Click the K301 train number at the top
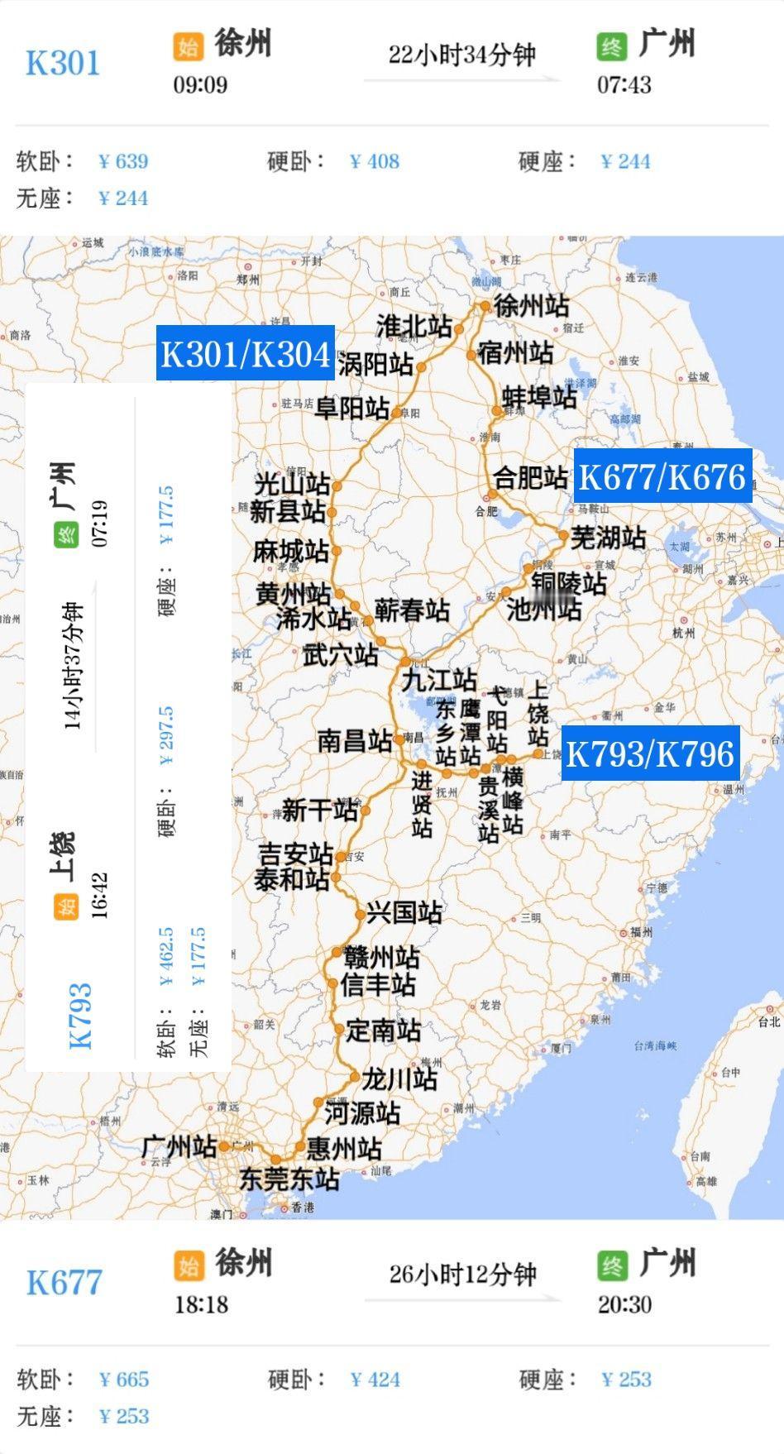63,64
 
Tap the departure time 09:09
200,84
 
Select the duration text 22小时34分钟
462,55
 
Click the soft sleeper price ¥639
123,161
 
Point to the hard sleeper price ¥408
375,161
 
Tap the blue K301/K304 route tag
246,353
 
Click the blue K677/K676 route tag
662,476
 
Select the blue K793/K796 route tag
649,753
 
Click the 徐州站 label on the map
531,306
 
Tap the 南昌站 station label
355,740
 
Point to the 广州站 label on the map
179,1146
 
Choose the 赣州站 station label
381,958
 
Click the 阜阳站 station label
352,408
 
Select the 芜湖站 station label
608,538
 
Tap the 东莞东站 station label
289,1179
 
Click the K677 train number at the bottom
64,1283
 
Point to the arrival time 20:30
624,1304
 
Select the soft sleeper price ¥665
124,1380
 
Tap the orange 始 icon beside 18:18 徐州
189,1265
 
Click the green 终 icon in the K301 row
612,46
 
